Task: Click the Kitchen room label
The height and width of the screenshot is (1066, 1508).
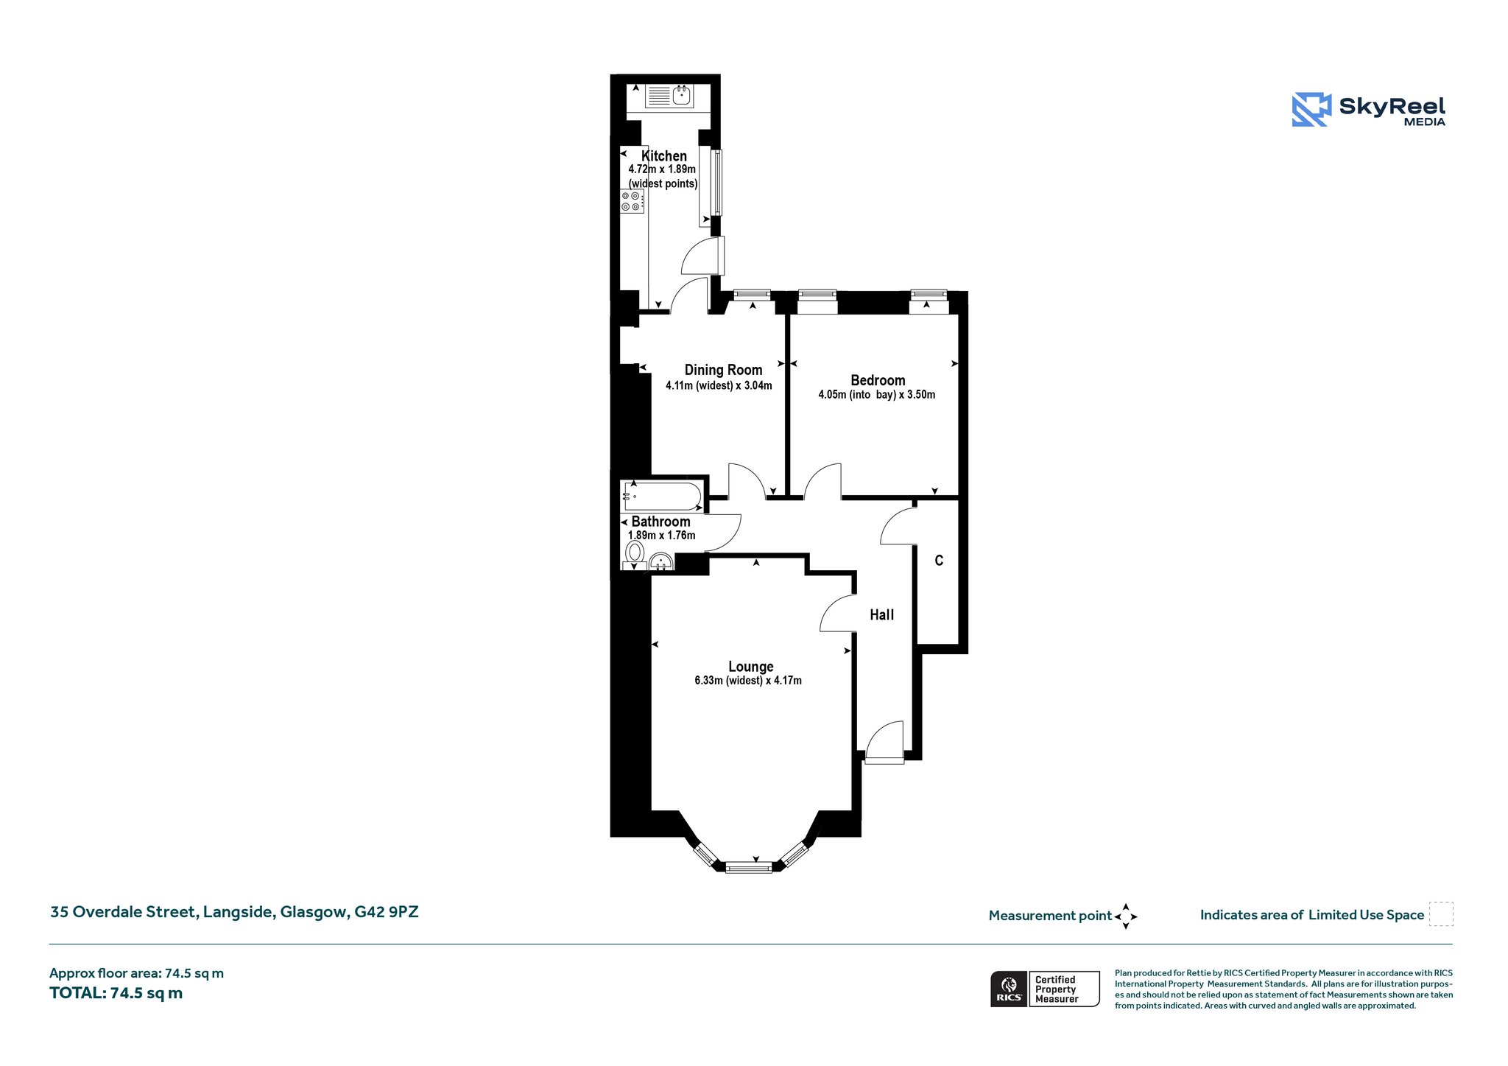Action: pos(664,156)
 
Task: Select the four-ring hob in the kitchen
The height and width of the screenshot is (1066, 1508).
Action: pos(633,201)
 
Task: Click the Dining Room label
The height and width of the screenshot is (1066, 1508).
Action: pos(723,370)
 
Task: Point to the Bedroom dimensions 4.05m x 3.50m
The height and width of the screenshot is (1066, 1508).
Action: pos(877,395)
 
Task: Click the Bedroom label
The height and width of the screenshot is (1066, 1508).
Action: pos(878,380)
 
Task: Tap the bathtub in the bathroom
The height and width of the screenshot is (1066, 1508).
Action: pos(662,497)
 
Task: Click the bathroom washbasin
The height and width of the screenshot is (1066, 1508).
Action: pos(661,563)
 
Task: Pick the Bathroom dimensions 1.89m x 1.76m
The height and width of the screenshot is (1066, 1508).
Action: pos(661,536)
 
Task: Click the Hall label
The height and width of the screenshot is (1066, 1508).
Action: pos(881,614)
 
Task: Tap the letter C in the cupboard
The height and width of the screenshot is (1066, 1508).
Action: pos(939,561)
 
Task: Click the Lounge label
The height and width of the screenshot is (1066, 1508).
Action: pos(751,667)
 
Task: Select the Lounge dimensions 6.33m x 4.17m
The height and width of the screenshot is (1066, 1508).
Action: pos(748,681)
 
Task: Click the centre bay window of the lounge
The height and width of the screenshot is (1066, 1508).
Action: pos(749,868)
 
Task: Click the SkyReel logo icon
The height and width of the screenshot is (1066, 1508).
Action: pos(1311,110)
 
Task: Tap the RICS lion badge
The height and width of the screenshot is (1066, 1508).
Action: pos(1009,989)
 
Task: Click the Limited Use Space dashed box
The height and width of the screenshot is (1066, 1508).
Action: pos(1441,914)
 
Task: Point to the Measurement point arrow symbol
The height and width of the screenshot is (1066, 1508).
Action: pos(1126,916)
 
